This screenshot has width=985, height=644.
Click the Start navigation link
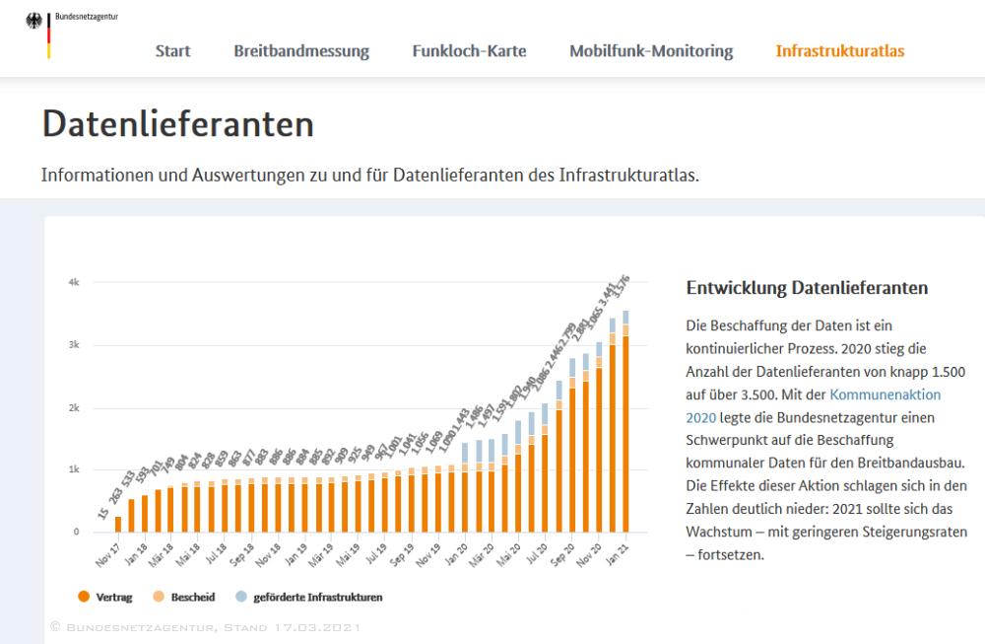click(x=172, y=51)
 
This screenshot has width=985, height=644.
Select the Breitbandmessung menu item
click(x=301, y=51)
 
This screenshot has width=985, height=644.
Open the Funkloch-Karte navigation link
click(x=469, y=51)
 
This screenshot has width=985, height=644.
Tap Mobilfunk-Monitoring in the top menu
click(x=651, y=51)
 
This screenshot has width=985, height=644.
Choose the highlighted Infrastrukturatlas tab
click(x=839, y=51)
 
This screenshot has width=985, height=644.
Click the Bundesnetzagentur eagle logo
click(x=36, y=22)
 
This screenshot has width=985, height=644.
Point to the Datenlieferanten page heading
click(x=178, y=124)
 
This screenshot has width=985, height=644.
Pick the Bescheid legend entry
click(x=189, y=597)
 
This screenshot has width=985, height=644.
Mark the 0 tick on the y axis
click(x=76, y=532)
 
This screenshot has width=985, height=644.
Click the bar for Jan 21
click(x=624, y=434)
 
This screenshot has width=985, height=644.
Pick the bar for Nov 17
click(x=118, y=524)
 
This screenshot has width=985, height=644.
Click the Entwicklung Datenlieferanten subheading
click(x=807, y=288)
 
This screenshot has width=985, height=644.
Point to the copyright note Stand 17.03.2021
click(x=205, y=627)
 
